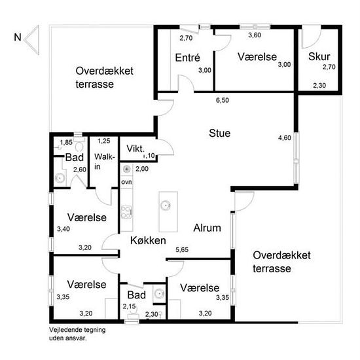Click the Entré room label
coord(187,58)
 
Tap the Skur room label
coord(319,56)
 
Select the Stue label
coord(219,133)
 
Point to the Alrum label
coord(207,228)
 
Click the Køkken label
coord(148,240)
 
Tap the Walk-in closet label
coord(105,162)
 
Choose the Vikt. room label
coord(135,149)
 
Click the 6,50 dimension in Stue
coord(223,100)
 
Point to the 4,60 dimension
coord(285,137)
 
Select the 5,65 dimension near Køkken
coord(182,249)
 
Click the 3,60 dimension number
coord(255,35)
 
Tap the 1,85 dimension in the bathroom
coord(66,142)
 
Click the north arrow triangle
coord(32,40)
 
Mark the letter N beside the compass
coord(18,37)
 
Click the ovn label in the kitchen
coord(126,182)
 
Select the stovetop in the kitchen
coord(127,212)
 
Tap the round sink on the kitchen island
coord(166,205)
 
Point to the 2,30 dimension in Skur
coord(319,85)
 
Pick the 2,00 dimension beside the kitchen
coord(141,169)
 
